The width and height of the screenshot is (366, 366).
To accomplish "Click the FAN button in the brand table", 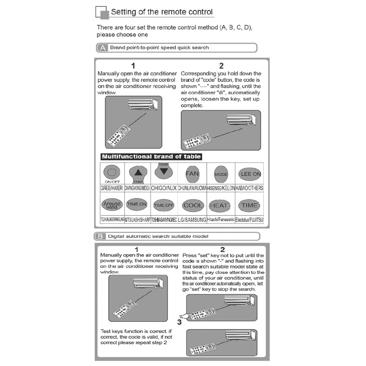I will tap(192, 173).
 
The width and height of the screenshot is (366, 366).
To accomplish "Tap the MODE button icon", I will tap(221, 174).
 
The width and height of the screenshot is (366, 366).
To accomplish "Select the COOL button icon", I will tap(193, 205).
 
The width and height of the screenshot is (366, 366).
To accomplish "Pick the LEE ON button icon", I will tap(250, 174).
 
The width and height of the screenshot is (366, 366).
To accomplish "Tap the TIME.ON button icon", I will tap(137, 205).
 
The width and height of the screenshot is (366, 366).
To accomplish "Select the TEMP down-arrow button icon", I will tap(164, 171).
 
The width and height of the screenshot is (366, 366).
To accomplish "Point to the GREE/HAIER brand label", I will tap(111, 188).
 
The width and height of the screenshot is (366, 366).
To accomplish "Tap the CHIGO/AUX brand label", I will tap(164, 188).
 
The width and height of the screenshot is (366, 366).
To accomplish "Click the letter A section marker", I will tap(102, 48).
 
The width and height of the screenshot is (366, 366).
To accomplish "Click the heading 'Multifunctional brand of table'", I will tap(151, 156).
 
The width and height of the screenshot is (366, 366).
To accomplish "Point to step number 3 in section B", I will tap(179, 321).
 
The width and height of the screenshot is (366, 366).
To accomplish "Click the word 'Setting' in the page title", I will tap(126, 12).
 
